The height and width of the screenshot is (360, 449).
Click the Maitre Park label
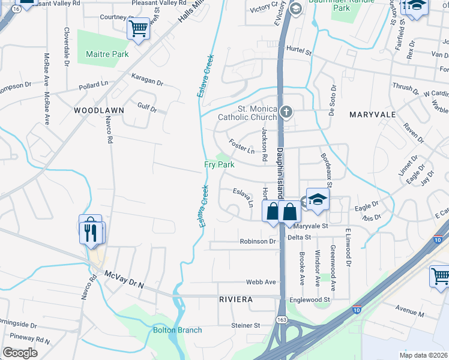click(x=107, y=54)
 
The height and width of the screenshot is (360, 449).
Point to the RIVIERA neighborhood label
click(x=235, y=299)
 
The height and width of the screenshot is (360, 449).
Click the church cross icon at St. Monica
click(x=287, y=111)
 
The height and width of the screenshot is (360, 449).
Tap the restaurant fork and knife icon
click(x=91, y=232)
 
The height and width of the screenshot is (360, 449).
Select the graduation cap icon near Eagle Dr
click(x=318, y=199)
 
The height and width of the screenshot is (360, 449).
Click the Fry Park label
click(x=219, y=164)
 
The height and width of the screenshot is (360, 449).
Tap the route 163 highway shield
click(x=282, y=320)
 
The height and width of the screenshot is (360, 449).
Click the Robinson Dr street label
click(x=258, y=242)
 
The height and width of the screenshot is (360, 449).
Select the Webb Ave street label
click(x=261, y=282)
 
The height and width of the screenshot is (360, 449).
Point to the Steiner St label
click(x=246, y=325)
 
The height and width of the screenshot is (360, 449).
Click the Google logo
click(x=20, y=352)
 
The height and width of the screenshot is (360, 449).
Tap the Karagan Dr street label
click(x=147, y=80)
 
